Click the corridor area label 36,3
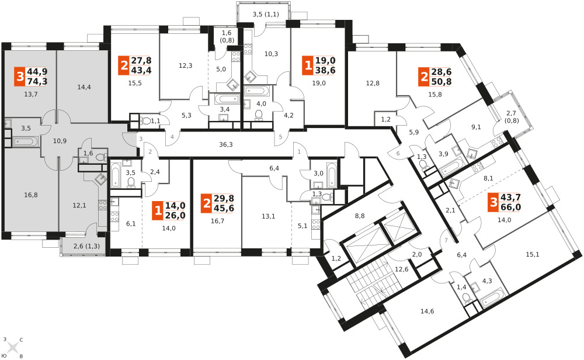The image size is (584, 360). [x=225, y=144]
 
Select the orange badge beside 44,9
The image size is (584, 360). [x=20, y=77]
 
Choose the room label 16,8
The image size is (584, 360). [x=30, y=195]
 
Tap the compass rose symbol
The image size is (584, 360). [x=13, y=348]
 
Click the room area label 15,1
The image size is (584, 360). [x=533, y=255]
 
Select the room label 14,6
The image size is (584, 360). [x=427, y=311]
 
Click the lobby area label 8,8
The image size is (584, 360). [x=359, y=216]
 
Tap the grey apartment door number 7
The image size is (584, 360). [x=446, y=240]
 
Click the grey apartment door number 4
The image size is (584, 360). [x=172, y=137]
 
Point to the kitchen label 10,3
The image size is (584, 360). [x=271, y=54]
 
